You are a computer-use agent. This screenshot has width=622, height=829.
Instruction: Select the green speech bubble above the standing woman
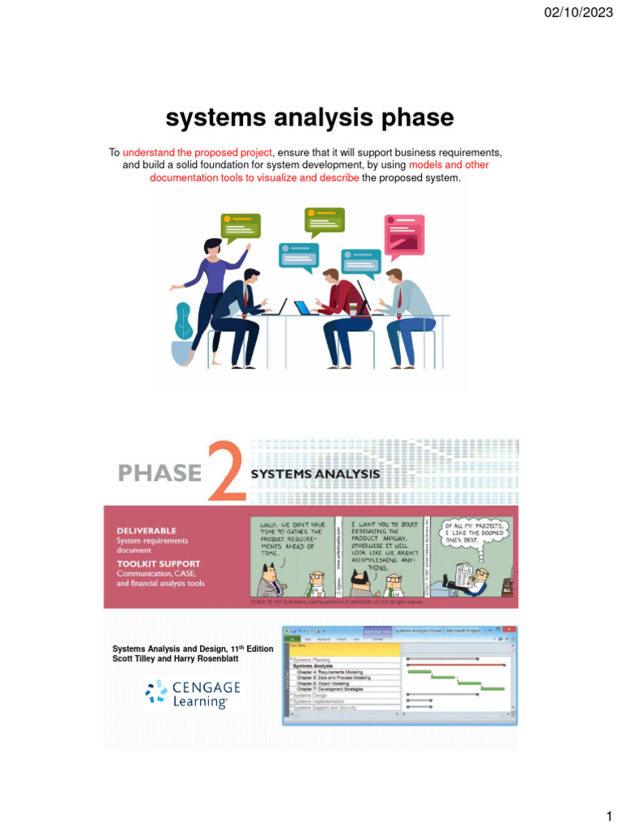coord(241,228)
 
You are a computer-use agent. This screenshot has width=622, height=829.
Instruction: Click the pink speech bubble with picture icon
coord(404,234)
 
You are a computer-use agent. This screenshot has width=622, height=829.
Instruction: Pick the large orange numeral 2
coord(226,471)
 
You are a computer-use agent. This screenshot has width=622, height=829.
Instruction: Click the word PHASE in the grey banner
coord(160,472)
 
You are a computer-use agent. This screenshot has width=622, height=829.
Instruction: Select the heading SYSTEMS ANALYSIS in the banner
coord(315,474)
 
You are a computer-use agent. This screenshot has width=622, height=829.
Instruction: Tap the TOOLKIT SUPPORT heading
coord(158,563)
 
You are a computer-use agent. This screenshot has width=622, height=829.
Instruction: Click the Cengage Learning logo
coord(194,695)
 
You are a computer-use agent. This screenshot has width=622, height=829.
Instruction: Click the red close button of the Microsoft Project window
coord(509,630)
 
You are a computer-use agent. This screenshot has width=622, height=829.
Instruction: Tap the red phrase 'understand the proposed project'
coord(198,152)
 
